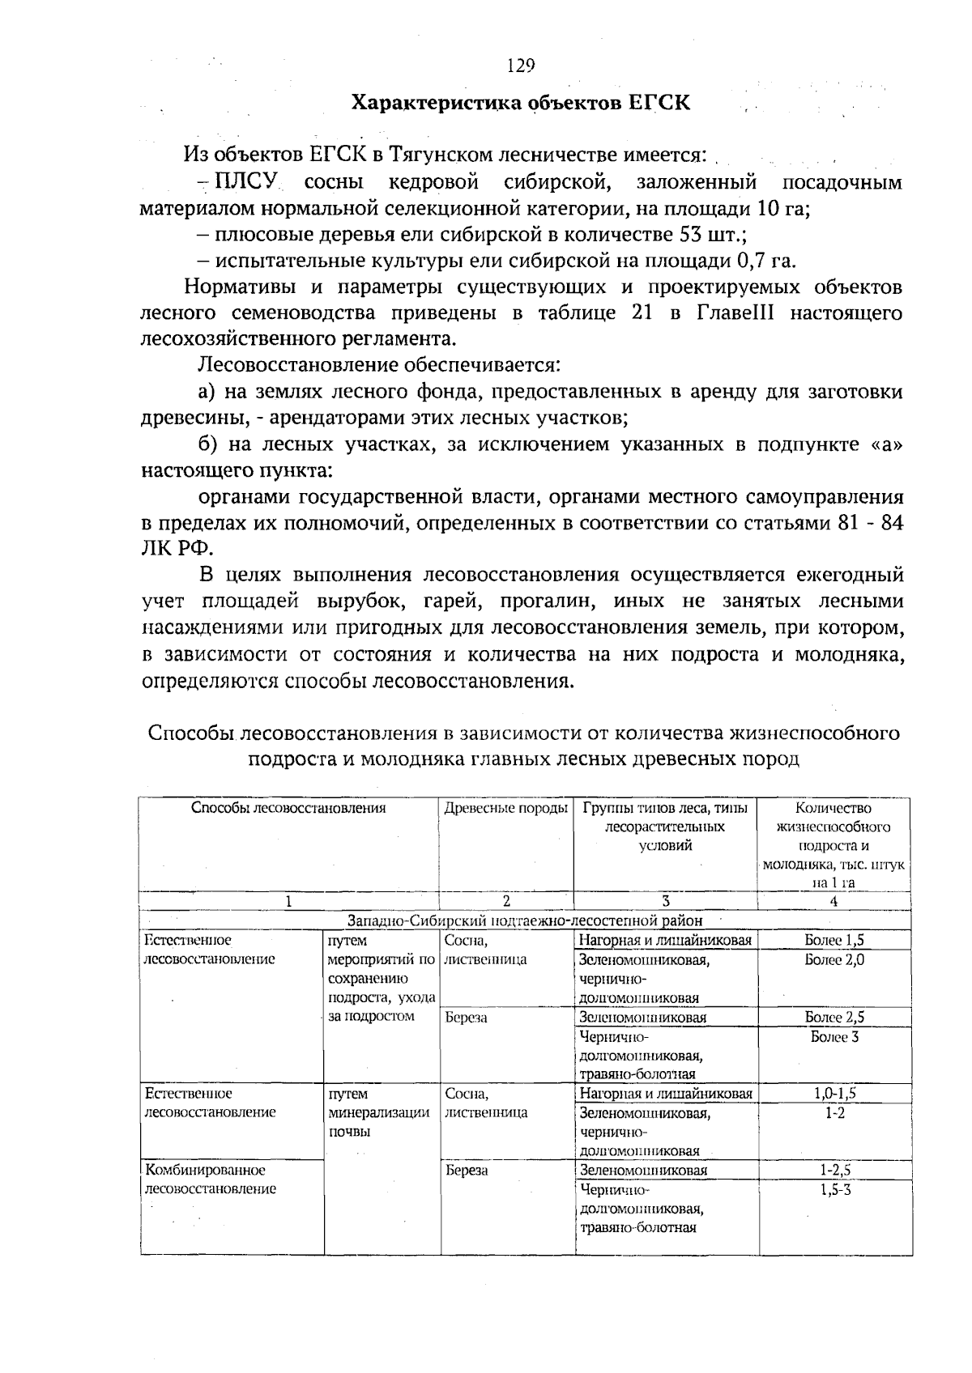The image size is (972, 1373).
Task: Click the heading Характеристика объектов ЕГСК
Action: click(520, 104)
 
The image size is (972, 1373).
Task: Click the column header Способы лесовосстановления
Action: click(288, 808)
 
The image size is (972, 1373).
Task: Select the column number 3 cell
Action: click(665, 901)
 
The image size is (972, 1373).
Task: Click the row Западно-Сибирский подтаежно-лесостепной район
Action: click(525, 920)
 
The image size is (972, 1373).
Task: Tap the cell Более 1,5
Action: click(834, 941)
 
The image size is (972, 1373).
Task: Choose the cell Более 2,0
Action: click(834, 959)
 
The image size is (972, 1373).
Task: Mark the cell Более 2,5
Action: click(834, 1018)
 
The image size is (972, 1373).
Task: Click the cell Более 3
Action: click(834, 1037)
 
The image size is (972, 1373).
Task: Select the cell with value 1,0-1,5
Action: click(834, 1094)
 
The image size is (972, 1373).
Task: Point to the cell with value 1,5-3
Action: click(834, 1190)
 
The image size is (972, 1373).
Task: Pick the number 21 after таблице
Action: click(642, 313)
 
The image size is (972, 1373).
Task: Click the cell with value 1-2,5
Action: click(834, 1171)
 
